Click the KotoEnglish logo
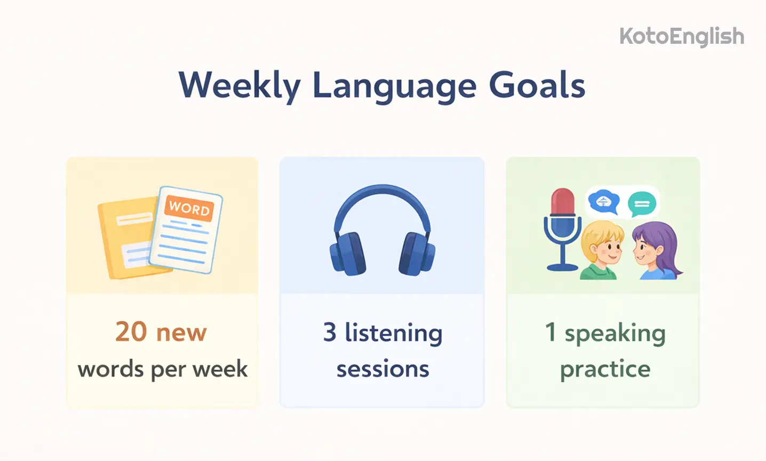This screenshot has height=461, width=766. [x=681, y=36]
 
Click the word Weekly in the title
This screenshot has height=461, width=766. [x=239, y=86]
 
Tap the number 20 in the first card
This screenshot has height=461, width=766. [x=131, y=332]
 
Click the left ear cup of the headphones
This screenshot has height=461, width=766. [x=348, y=254]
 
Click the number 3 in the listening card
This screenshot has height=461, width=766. [x=330, y=332]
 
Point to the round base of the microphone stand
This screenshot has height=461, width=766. [x=562, y=266]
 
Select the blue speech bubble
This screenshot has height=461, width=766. [x=603, y=202]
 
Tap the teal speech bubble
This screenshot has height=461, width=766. [x=642, y=203]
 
